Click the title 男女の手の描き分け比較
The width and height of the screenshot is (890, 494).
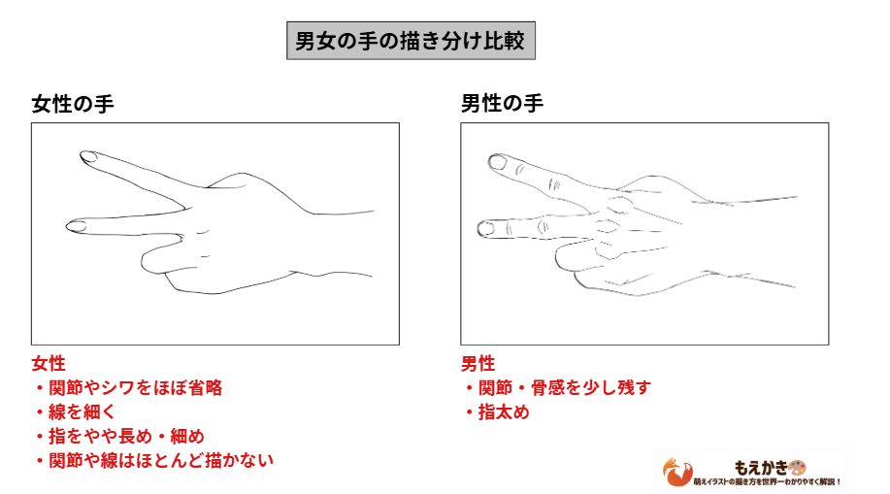[x=411, y=43]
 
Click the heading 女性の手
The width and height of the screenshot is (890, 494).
[x=73, y=103]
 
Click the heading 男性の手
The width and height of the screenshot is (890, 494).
[x=502, y=103]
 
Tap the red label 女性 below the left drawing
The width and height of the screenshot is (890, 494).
[x=49, y=364]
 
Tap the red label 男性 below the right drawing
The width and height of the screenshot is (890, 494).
[x=478, y=364]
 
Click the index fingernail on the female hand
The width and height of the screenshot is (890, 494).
[x=87, y=155]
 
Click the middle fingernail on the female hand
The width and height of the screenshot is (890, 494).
[x=76, y=226]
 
